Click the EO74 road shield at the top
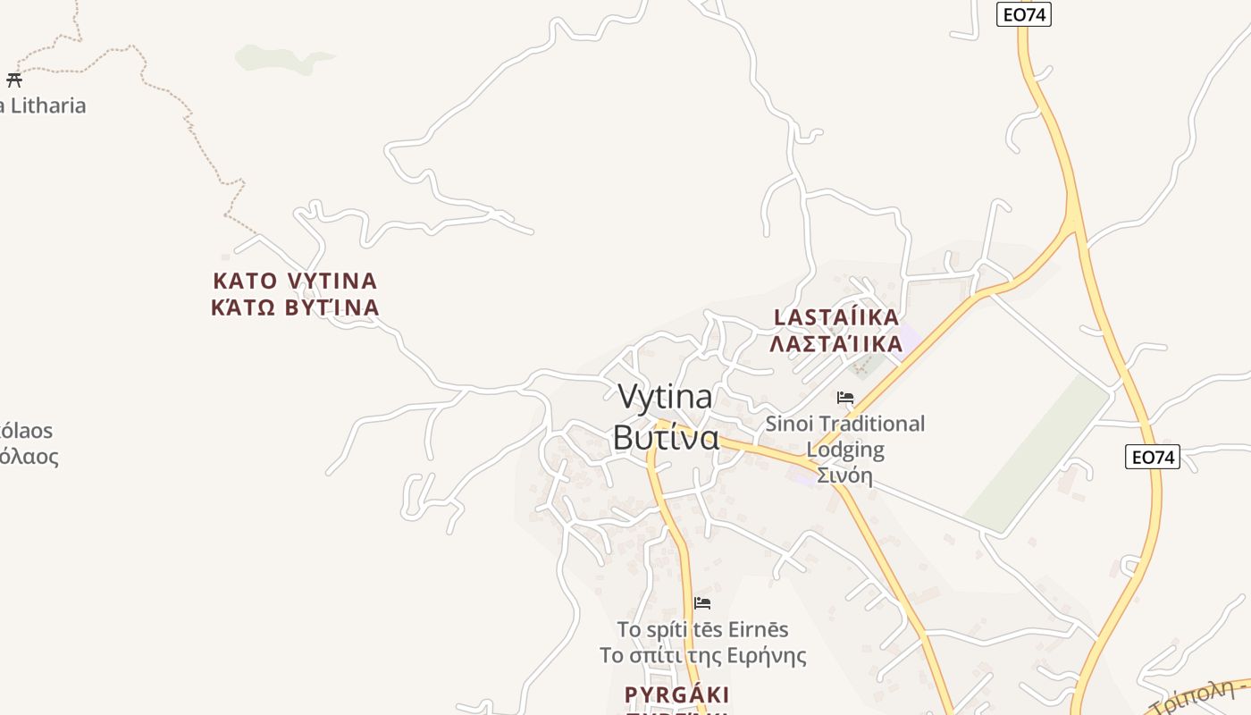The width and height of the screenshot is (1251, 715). coord(1024,14)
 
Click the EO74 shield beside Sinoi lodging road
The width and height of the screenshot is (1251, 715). coord(1152,457)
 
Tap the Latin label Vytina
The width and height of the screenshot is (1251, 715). coord(665,396)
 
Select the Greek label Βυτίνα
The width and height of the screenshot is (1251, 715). coord(666,438)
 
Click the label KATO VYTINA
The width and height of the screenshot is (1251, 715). coord(295,281)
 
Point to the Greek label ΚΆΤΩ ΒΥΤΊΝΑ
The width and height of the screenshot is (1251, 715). coord(295,308)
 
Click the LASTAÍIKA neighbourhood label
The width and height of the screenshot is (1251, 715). coord(836,317)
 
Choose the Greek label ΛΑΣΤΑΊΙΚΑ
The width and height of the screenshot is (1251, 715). coord(836,344)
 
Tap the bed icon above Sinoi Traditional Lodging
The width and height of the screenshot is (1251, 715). coord(845,398)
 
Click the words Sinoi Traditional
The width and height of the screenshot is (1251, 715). coord(845,424)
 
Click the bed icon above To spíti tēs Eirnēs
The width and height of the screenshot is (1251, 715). coord(702,603)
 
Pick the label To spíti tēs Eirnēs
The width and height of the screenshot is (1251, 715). coord(702,629)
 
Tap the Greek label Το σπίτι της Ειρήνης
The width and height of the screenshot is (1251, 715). coord(702,656)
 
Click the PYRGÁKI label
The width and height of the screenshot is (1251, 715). coord(676,694)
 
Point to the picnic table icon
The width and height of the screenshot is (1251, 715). coord(13,80)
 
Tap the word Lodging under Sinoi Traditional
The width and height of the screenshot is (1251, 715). coord(845,450)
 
